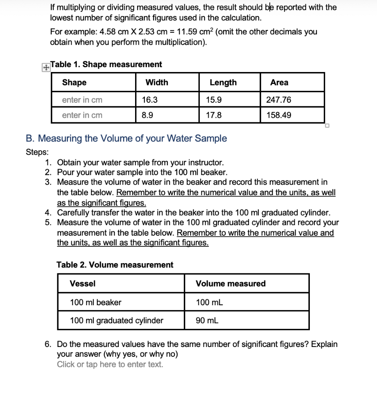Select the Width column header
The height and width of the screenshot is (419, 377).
tap(157, 82)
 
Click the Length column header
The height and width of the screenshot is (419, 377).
tap(223, 82)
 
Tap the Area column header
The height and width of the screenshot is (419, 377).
tap(279, 82)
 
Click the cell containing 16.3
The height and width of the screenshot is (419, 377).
tap(150, 100)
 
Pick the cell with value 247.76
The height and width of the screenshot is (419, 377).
tap(279, 100)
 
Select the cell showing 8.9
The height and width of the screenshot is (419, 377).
tap(148, 115)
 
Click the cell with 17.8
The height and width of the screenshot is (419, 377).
tap(214, 115)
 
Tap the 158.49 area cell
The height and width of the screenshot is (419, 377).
tap(279, 115)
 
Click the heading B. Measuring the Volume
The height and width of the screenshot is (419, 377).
tap(126, 138)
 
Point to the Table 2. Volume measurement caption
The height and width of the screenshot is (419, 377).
tap(115, 265)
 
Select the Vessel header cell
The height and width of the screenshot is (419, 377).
tap(83, 284)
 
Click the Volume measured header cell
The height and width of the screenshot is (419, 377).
tap(230, 284)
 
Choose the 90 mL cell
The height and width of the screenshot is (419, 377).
tap(207, 320)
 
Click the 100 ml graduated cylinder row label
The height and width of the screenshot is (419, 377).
tap(117, 320)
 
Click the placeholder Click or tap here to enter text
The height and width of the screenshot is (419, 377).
tap(110, 364)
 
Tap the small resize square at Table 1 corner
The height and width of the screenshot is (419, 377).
tap(327, 126)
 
